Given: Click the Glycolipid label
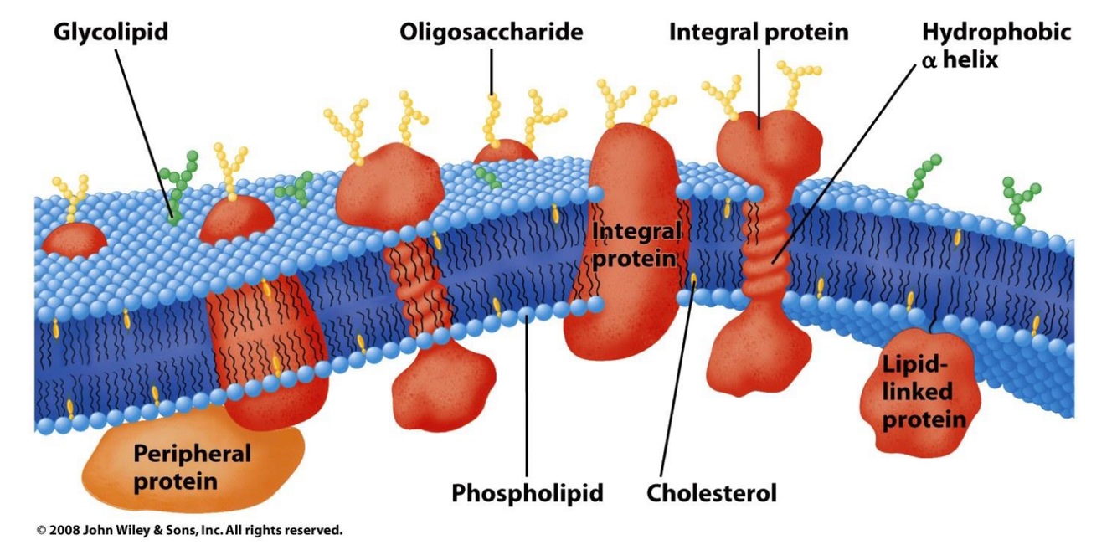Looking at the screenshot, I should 111,33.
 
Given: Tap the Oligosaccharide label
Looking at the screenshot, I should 491,33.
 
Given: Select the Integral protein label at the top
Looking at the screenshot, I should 759,33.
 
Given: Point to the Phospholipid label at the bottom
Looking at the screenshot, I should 528,493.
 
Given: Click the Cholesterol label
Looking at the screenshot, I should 711,493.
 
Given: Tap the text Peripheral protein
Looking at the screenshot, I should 191,467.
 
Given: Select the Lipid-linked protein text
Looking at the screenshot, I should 917,391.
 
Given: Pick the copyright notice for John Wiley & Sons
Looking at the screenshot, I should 189,530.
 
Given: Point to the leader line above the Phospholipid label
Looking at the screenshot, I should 527,393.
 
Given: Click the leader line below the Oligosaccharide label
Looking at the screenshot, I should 492,71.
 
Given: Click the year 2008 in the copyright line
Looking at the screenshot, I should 64,530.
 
